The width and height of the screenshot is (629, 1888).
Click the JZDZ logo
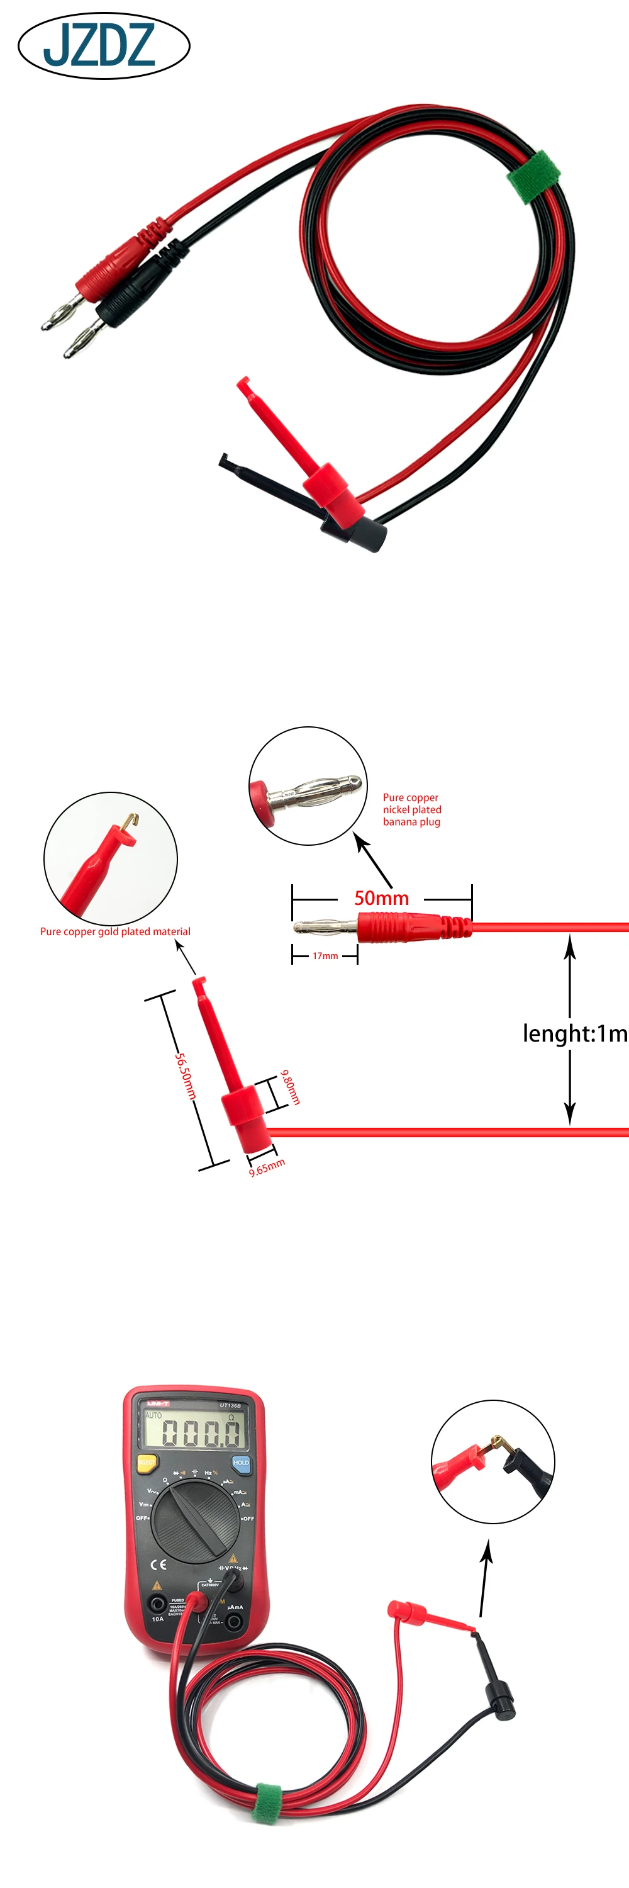[103, 45]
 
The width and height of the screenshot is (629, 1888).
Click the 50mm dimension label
[382, 898]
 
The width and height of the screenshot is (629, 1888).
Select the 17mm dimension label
[325, 956]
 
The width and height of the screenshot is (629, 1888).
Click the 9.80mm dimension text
[291, 1086]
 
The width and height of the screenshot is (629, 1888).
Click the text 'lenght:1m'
[575, 1033]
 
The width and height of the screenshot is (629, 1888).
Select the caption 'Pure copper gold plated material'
[115, 931]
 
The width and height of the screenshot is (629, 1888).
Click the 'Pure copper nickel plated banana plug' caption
[411, 809]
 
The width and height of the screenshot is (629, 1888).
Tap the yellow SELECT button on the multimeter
[147, 1462]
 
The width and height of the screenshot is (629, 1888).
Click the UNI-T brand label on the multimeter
[158, 1403]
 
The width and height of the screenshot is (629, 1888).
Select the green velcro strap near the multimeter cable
[267, 1804]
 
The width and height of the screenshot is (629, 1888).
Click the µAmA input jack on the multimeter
[235, 1622]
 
